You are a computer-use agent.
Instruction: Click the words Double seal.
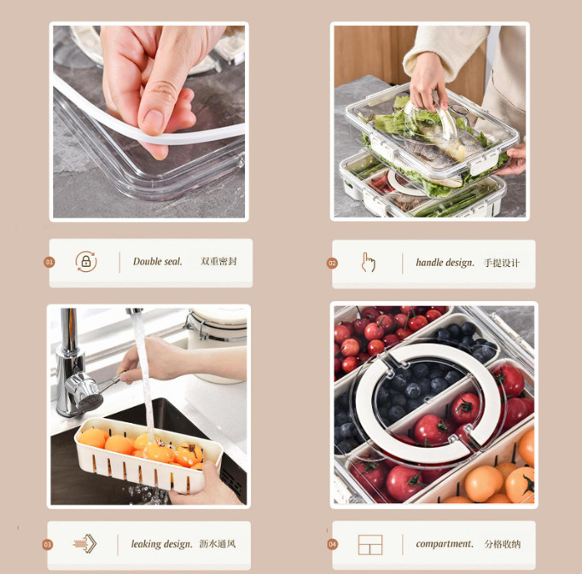(x=157, y=262)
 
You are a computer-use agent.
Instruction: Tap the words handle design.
(x=445, y=263)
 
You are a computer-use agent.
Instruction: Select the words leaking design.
(x=162, y=544)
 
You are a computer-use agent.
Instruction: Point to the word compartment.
(x=445, y=544)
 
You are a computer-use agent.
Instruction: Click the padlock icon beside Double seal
(x=86, y=262)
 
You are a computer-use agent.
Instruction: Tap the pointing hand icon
(x=368, y=263)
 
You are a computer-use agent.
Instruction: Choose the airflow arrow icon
(x=85, y=543)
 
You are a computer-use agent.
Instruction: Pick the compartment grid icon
(x=370, y=545)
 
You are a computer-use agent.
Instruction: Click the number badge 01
(x=49, y=263)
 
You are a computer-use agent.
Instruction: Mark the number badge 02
(x=332, y=263)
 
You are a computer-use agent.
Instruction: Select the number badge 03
(x=48, y=545)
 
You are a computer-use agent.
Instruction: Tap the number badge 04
(x=332, y=544)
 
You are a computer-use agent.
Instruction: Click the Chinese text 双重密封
(x=218, y=262)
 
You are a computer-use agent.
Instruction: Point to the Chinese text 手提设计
(x=502, y=263)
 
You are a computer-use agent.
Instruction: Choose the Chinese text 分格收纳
(x=503, y=544)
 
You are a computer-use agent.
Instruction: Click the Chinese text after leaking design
(x=218, y=544)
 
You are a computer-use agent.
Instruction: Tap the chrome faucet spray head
(x=85, y=391)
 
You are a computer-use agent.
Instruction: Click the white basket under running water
(x=148, y=455)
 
